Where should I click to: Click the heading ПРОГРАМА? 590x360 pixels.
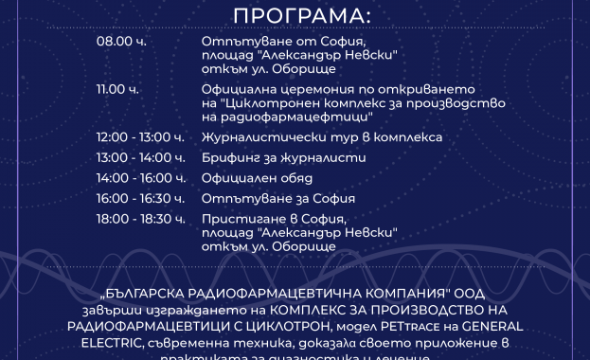pos(295,16)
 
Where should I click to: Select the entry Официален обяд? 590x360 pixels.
pos(257,177)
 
